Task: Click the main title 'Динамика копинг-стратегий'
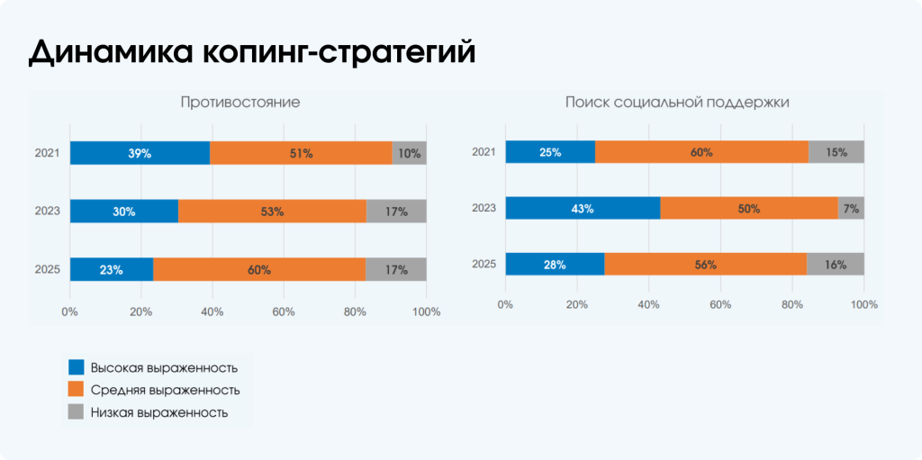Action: coord(251,52)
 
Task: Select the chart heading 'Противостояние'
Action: coord(240,103)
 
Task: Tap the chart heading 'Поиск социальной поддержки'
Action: coord(677,103)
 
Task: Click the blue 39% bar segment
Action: coord(140,153)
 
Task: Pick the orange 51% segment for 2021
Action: coord(301,153)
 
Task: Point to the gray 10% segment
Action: coord(409,153)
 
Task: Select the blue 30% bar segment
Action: coord(124,212)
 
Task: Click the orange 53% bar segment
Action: coord(272,212)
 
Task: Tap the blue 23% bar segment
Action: coord(112,269)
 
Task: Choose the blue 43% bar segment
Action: coord(583,209)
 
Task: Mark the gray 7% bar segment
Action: coord(851,209)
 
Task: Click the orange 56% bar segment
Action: coord(705,265)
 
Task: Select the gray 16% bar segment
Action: coord(836,265)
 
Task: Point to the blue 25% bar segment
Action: coord(550,152)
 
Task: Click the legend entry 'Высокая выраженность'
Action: coord(164,367)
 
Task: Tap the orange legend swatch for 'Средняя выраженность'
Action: coord(77,390)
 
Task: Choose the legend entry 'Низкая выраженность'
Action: coord(158,412)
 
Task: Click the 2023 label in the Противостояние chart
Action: coord(47,212)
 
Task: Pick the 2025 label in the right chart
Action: coord(484,265)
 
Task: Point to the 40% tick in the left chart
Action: coord(212,312)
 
